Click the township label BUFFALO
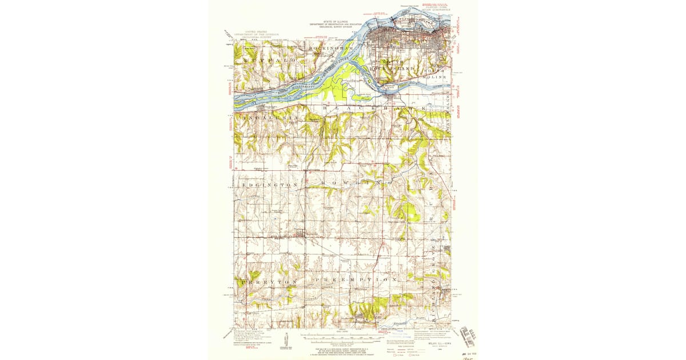coord(262,59)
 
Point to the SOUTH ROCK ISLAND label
coord(395,63)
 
